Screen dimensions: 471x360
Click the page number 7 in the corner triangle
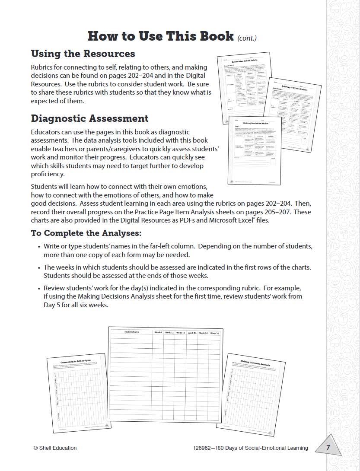328,448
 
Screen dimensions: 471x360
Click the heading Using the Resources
83,54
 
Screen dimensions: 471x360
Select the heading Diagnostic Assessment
89,118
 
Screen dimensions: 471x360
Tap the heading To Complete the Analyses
86,233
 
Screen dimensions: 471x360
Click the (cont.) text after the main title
247,38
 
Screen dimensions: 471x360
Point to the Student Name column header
131,332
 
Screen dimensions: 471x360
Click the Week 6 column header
158,332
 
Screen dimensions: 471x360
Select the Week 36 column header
215,333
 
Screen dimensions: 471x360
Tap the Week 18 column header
181,333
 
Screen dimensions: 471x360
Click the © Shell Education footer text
55,448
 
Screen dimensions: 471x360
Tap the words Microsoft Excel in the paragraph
228,220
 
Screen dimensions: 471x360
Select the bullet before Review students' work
38,288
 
